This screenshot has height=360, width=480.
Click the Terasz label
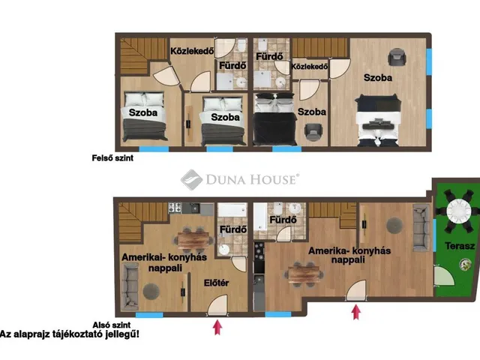[460, 245]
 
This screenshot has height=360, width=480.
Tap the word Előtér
[216, 283]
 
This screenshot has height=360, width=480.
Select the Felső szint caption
[112, 158]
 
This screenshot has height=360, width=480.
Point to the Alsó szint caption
[112, 325]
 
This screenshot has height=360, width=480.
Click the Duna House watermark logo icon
[192, 180]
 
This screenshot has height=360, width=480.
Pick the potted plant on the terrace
[465, 265]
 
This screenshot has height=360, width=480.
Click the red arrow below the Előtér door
[217, 327]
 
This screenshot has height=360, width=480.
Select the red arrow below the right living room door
[355, 312]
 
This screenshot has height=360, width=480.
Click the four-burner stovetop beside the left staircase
[175, 208]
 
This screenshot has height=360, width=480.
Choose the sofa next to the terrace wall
[421, 227]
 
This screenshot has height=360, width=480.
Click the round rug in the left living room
[151, 291]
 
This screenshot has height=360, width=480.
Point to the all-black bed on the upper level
[275, 118]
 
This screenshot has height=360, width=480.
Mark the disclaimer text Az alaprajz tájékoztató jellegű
[70, 334]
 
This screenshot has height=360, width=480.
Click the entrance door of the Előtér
[218, 305]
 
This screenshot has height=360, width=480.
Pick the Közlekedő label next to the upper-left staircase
[192, 51]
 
